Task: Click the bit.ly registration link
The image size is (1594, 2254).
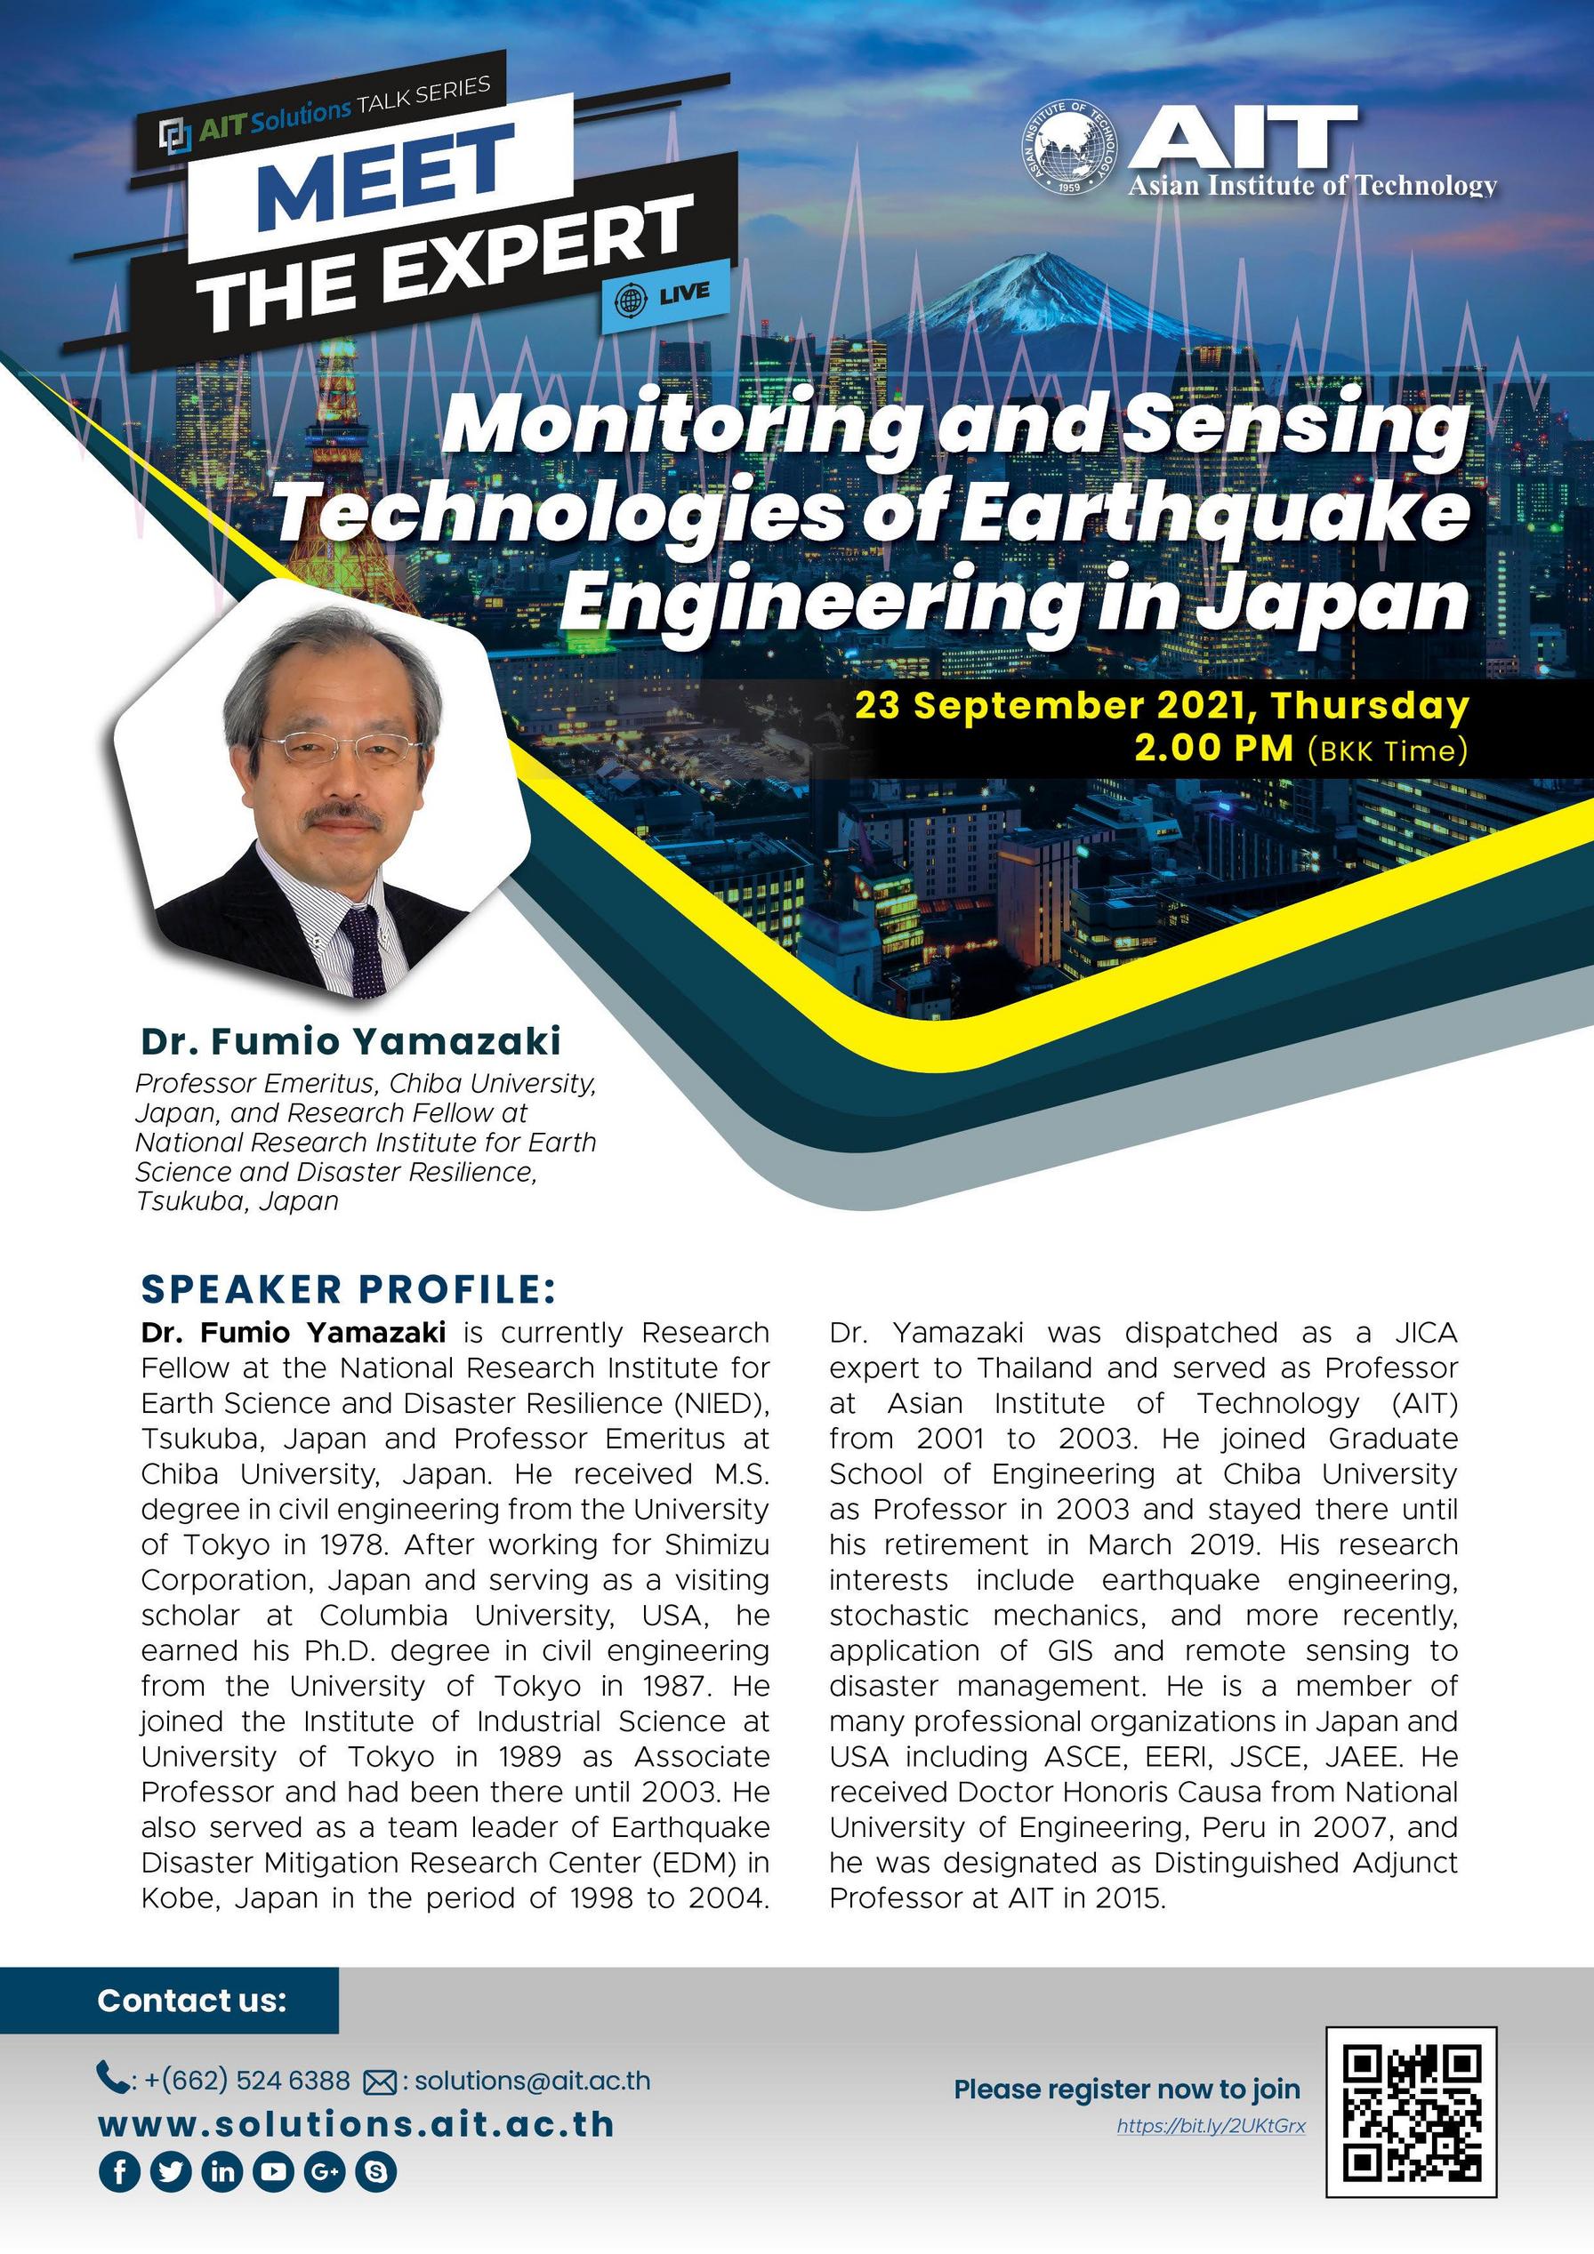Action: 1210,2126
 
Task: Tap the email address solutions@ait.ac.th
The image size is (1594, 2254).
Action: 531,2081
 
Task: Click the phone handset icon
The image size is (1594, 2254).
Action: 111,2078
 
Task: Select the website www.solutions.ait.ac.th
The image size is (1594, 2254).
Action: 357,2124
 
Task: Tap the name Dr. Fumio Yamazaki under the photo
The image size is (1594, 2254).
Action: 350,1040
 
